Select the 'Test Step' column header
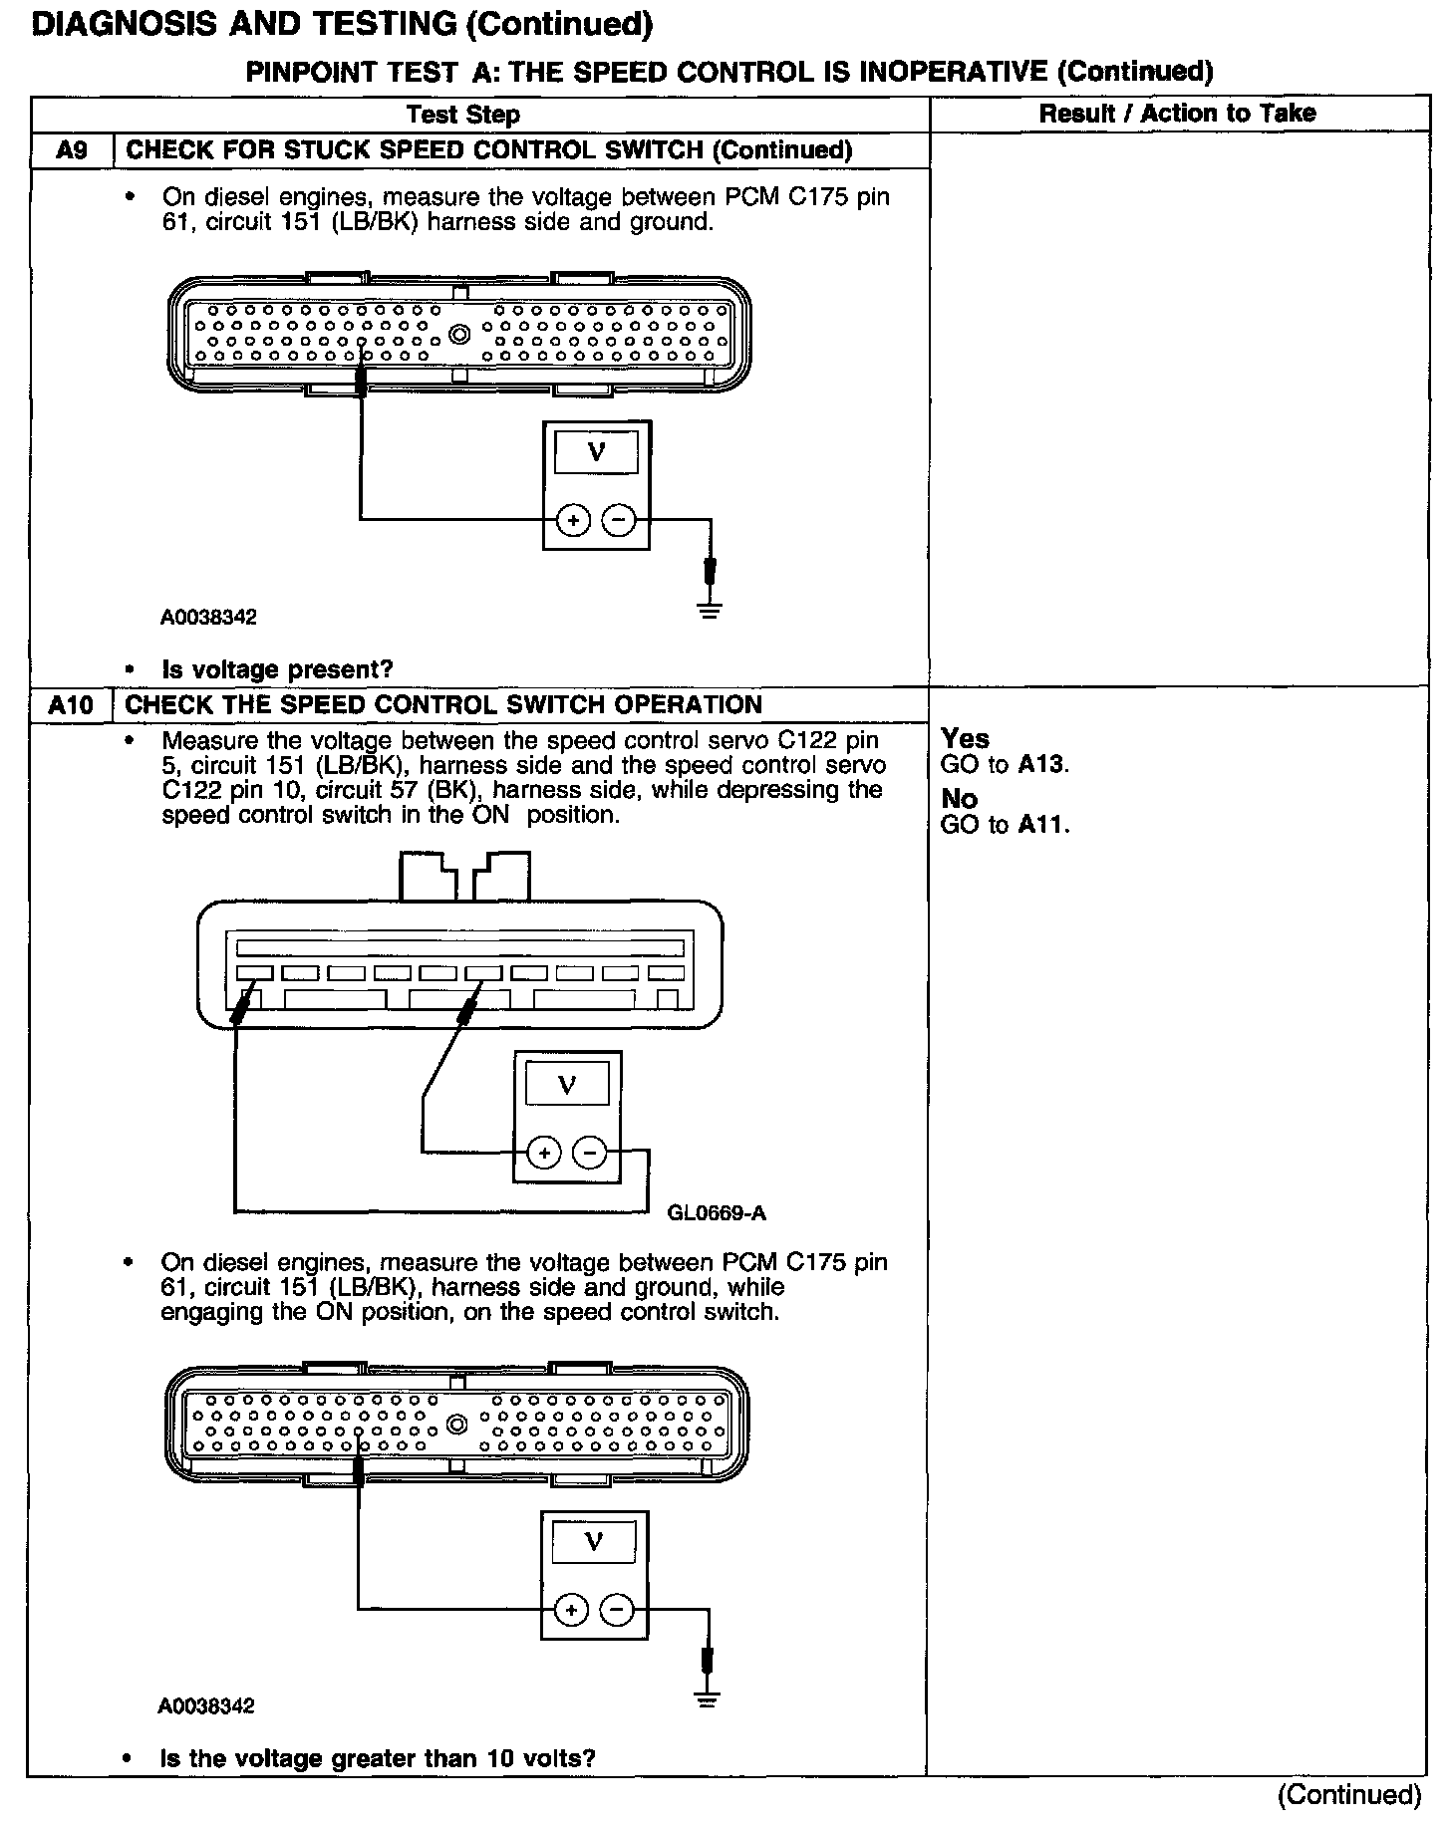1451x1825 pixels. point(463,115)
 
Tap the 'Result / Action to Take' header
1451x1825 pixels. point(1177,114)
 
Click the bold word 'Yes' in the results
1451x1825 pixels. point(965,739)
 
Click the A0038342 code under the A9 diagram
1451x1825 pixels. point(208,617)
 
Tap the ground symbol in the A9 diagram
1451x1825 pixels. point(709,610)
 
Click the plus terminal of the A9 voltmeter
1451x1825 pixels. point(573,520)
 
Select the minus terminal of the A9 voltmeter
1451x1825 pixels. point(619,520)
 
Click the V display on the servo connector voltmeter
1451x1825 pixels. point(567,1085)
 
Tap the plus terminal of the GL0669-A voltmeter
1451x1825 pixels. point(544,1154)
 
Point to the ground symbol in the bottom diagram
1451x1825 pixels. point(707,1699)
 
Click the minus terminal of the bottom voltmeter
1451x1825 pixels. point(617,1611)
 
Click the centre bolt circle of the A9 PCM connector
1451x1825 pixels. point(459,335)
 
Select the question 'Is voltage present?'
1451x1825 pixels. point(277,669)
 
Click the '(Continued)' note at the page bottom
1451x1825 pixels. point(1349,1794)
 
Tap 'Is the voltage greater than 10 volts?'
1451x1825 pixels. point(378,1758)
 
